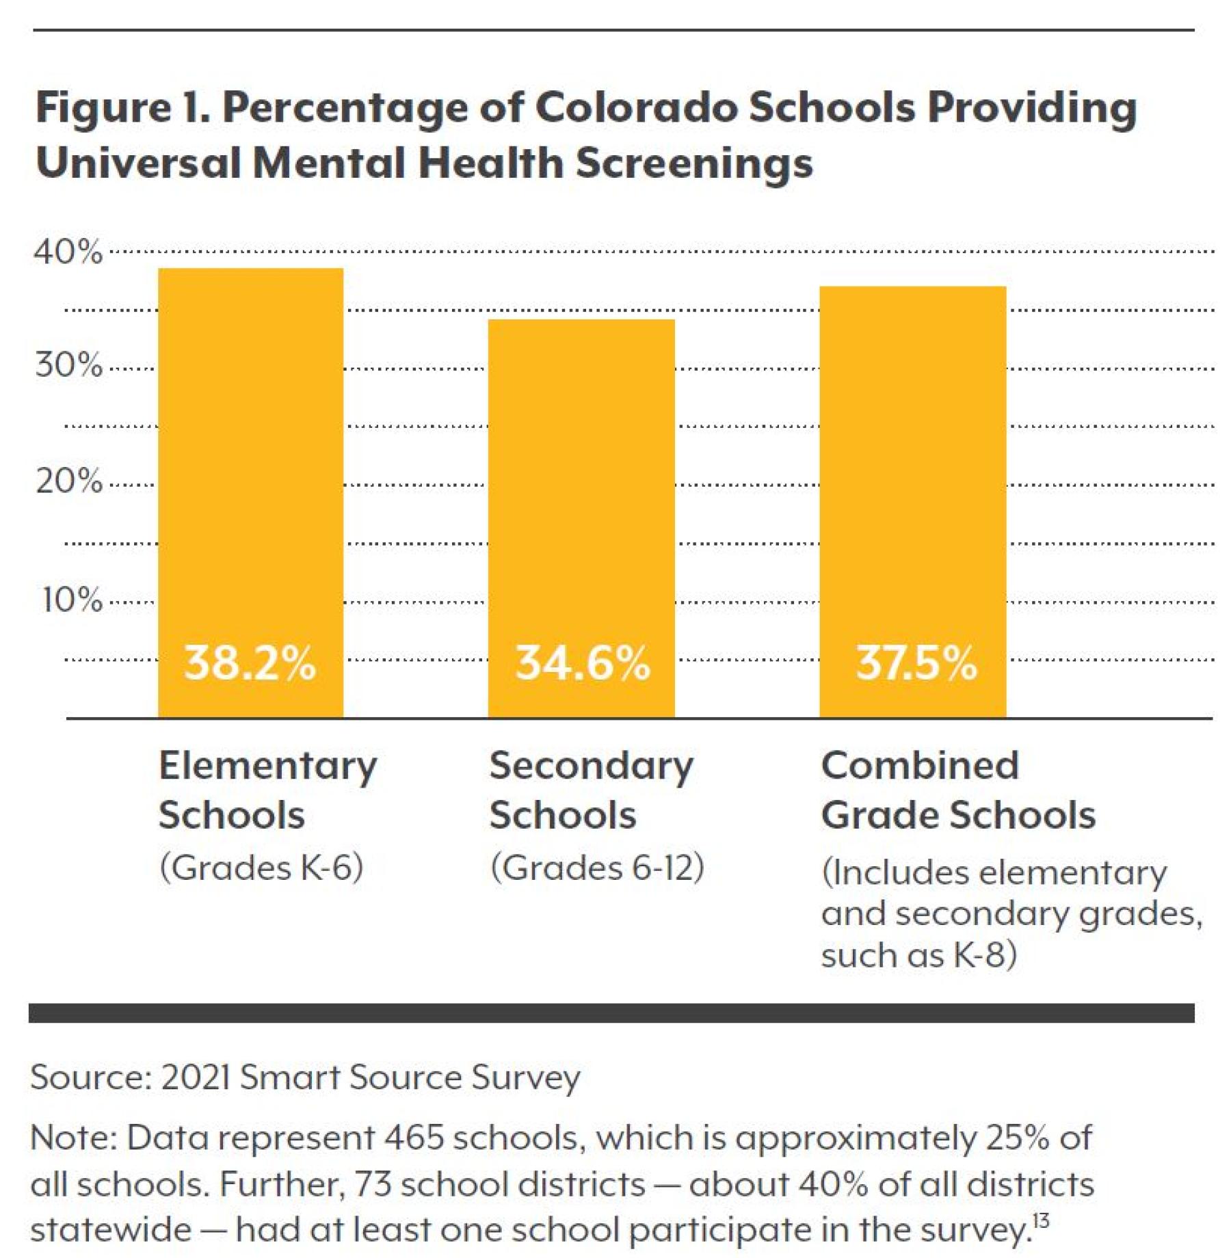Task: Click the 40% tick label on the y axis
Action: [x=68, y=252]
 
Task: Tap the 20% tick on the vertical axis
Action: [x=68, y=481]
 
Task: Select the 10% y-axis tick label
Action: [x=72, y=600]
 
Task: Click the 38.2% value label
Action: [x=250, y=663]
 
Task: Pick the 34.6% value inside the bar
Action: [x=582, y=663]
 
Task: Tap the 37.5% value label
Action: [x=916, y=663]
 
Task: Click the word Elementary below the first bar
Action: [x=267, y=766]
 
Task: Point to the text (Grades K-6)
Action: [x=261, y=868]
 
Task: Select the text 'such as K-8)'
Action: [x=918, y=955]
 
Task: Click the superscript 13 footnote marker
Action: [x=1041, y=1220]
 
